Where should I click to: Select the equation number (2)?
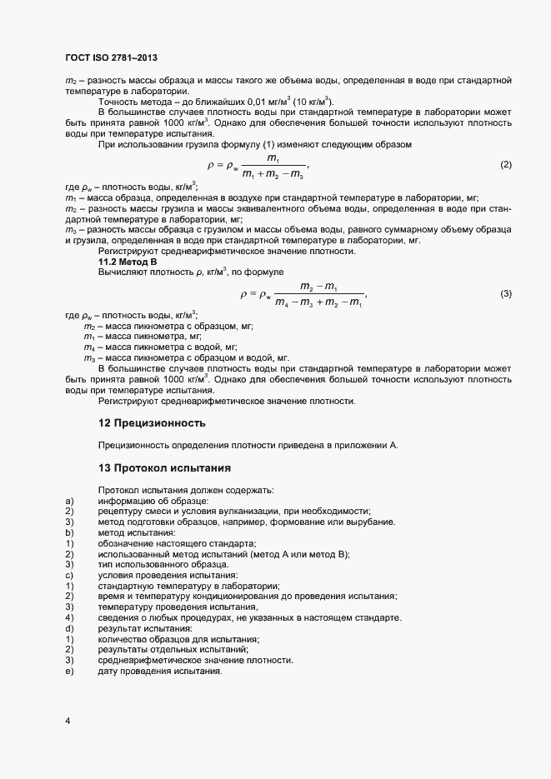[x=505, y=165]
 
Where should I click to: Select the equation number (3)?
[x=505, y=294]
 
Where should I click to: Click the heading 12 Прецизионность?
[x=152, y=423]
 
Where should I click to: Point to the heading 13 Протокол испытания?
[x=158, y=467]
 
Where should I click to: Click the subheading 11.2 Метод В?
[x=128, y=262]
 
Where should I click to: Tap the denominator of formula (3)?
[x=318, y=302]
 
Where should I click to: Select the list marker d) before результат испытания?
[x=68, y=628]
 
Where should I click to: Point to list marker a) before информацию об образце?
[x=68, y=500]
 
